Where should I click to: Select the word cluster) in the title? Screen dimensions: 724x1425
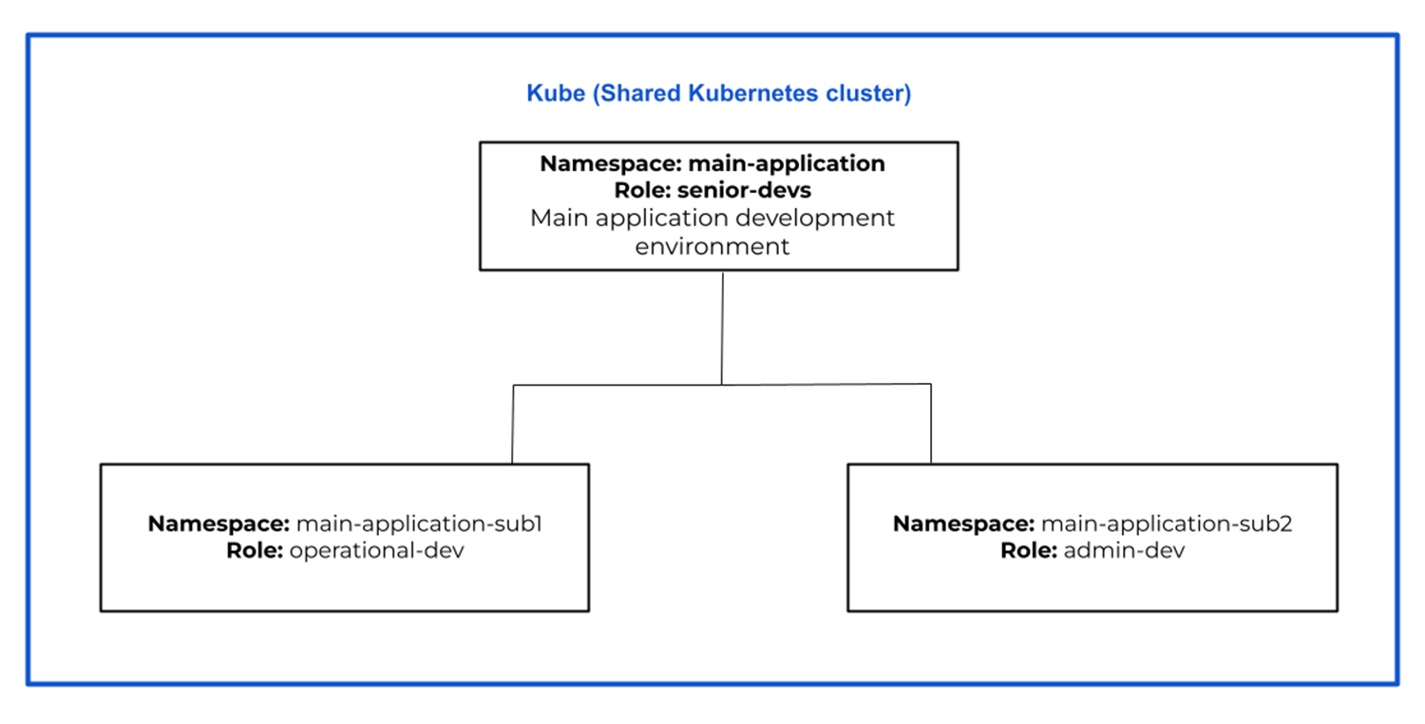[x=865, y=94]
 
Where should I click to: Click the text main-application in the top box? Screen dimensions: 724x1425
[x=787, y=163]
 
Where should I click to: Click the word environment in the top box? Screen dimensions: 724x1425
[x=712, y=246]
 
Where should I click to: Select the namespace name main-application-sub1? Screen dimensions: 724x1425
[x=419, y=524]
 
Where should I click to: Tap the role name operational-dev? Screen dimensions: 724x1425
[x=376, y=550]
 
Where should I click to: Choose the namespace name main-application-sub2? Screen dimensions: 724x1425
[x=1167, y=524]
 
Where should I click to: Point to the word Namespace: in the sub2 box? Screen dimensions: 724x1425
[x=963, y=524]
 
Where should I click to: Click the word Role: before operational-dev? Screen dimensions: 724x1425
[x=255, y=550]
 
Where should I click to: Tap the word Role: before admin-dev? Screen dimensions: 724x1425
[x=1029, y=550]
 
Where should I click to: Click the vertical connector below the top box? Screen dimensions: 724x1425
[x=722, y=328]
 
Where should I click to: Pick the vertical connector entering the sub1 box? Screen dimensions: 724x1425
[x=513, y=424]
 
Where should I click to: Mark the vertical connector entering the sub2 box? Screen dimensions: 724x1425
[x=931, y=424]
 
